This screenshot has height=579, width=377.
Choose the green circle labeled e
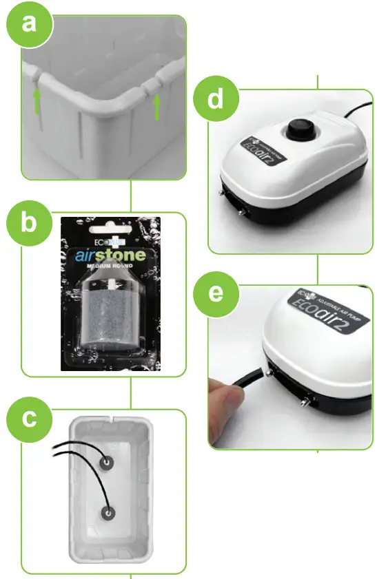tap(215, 293)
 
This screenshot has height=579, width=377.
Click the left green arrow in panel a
tap(37, 102)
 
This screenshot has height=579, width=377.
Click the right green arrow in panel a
tap(157, 107)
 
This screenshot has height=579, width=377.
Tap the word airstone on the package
tap(110, 256)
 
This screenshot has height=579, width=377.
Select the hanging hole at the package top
tap(111, 228)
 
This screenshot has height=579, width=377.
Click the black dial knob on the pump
tap(300, 129)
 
